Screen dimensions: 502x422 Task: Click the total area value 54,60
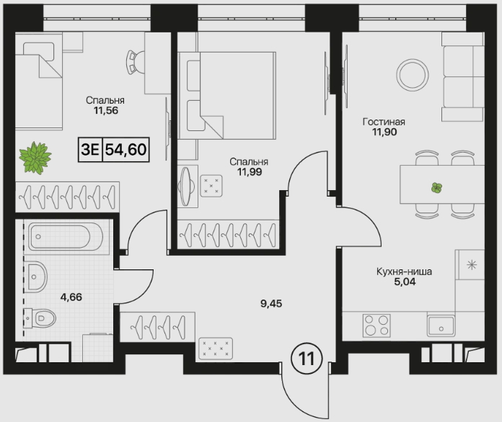pos(125,149)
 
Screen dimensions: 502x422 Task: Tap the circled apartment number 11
pos(307,359)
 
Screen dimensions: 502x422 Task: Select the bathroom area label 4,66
pos(71,297)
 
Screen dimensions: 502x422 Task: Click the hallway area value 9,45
pos(271,303)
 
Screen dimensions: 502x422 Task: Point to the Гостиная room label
pos(384,122)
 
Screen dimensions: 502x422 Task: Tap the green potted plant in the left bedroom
pos(35,158)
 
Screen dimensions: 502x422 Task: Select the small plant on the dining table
pos(436,188)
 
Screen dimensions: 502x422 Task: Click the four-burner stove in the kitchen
pos(376,326)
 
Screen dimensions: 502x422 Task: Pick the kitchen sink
pos(441,326)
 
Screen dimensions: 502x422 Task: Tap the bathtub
pos(66,237)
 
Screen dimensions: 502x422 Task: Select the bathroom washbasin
pos(37,277)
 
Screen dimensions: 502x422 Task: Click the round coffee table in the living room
pos(413,75)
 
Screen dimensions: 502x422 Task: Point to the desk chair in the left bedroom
pos(134,62)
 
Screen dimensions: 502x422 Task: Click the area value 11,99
pos(250,172)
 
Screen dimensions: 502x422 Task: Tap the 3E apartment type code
pos(90,149)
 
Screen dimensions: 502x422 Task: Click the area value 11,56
pos(106,111)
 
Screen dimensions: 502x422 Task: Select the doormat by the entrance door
pos(216,348)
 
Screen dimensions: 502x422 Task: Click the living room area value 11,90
pos(384,132)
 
